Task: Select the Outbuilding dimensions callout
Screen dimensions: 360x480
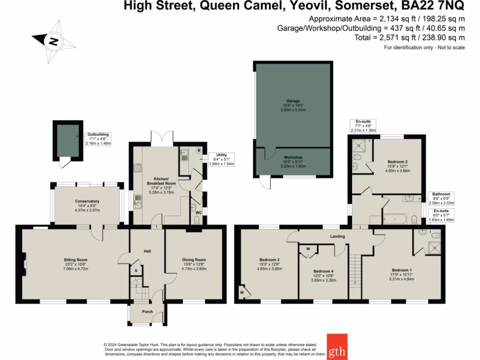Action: [x=99, y=139]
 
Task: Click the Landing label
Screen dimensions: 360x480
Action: [x=337, y=236]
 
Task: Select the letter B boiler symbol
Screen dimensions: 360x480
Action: [x=199, y=151]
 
